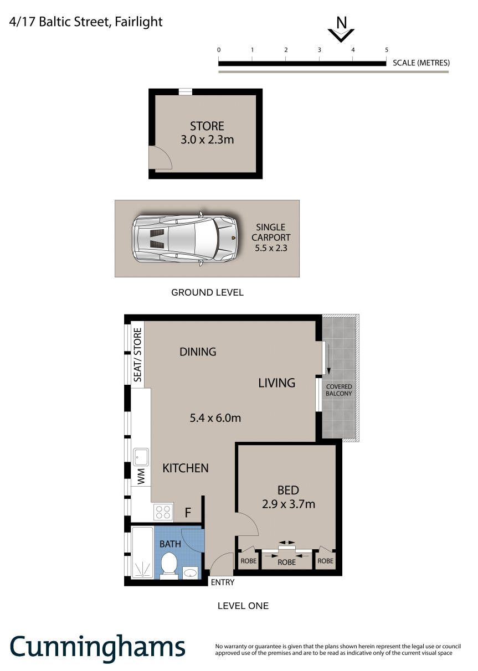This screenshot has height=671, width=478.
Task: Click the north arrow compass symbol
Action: pyautogui.click(x=341, y=30)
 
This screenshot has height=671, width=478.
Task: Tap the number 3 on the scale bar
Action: pyautogui.click(x=320, y=50)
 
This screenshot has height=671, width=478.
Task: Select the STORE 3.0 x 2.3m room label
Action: pyautogui.click(x=207, y=133)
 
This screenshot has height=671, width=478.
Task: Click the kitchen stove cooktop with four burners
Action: pyautogui.click(x=163, y=512)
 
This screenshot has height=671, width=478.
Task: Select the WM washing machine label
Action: pyautogui.click(x=141, y=477)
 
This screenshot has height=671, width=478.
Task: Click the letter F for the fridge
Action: pyautogui.click(x=188, y=513)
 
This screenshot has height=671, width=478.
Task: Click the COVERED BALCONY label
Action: pyautogui.click(x=339, y=390)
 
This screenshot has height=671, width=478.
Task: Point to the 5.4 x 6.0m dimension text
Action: pyautogui.click(x=215, y=418)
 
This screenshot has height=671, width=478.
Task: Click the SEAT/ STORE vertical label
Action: pyautogui.click(x=137, y=355)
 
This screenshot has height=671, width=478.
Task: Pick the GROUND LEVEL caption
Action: pyautogui.click(x=207, y=292)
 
